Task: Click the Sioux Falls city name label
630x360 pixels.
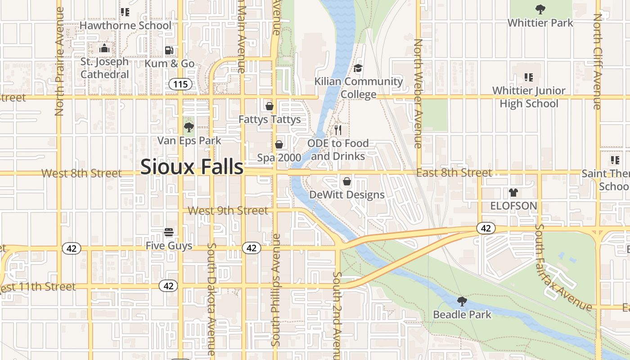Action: (192, 166)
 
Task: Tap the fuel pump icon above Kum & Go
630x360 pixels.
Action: (169, 50)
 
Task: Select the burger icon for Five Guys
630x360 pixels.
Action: (169, 232)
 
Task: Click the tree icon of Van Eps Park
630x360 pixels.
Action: (189, 127)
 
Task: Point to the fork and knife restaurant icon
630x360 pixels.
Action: (338, 130)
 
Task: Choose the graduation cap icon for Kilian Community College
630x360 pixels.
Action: (358, 68)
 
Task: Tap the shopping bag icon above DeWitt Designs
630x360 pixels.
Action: (347, 181)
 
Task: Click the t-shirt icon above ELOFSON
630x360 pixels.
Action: (513, 193)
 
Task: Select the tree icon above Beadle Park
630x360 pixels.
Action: (462, 301)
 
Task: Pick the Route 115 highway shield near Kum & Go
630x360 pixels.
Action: (181, 84)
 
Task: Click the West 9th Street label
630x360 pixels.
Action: (228, 211)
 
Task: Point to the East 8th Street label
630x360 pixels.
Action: (454, 173)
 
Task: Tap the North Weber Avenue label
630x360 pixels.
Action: (418, 93)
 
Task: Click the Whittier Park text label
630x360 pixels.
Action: (540, 22)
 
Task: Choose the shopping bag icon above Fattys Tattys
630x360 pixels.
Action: (270, 106)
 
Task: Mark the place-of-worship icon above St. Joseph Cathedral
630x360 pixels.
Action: (104, 48)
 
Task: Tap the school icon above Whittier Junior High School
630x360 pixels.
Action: (528, 77)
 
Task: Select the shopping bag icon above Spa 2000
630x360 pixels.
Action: (279, 144)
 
